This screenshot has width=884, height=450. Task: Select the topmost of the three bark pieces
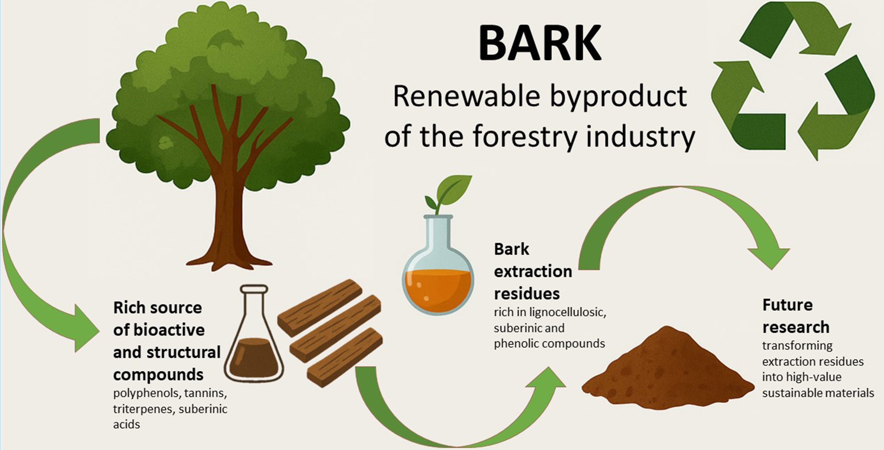[320, 308]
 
